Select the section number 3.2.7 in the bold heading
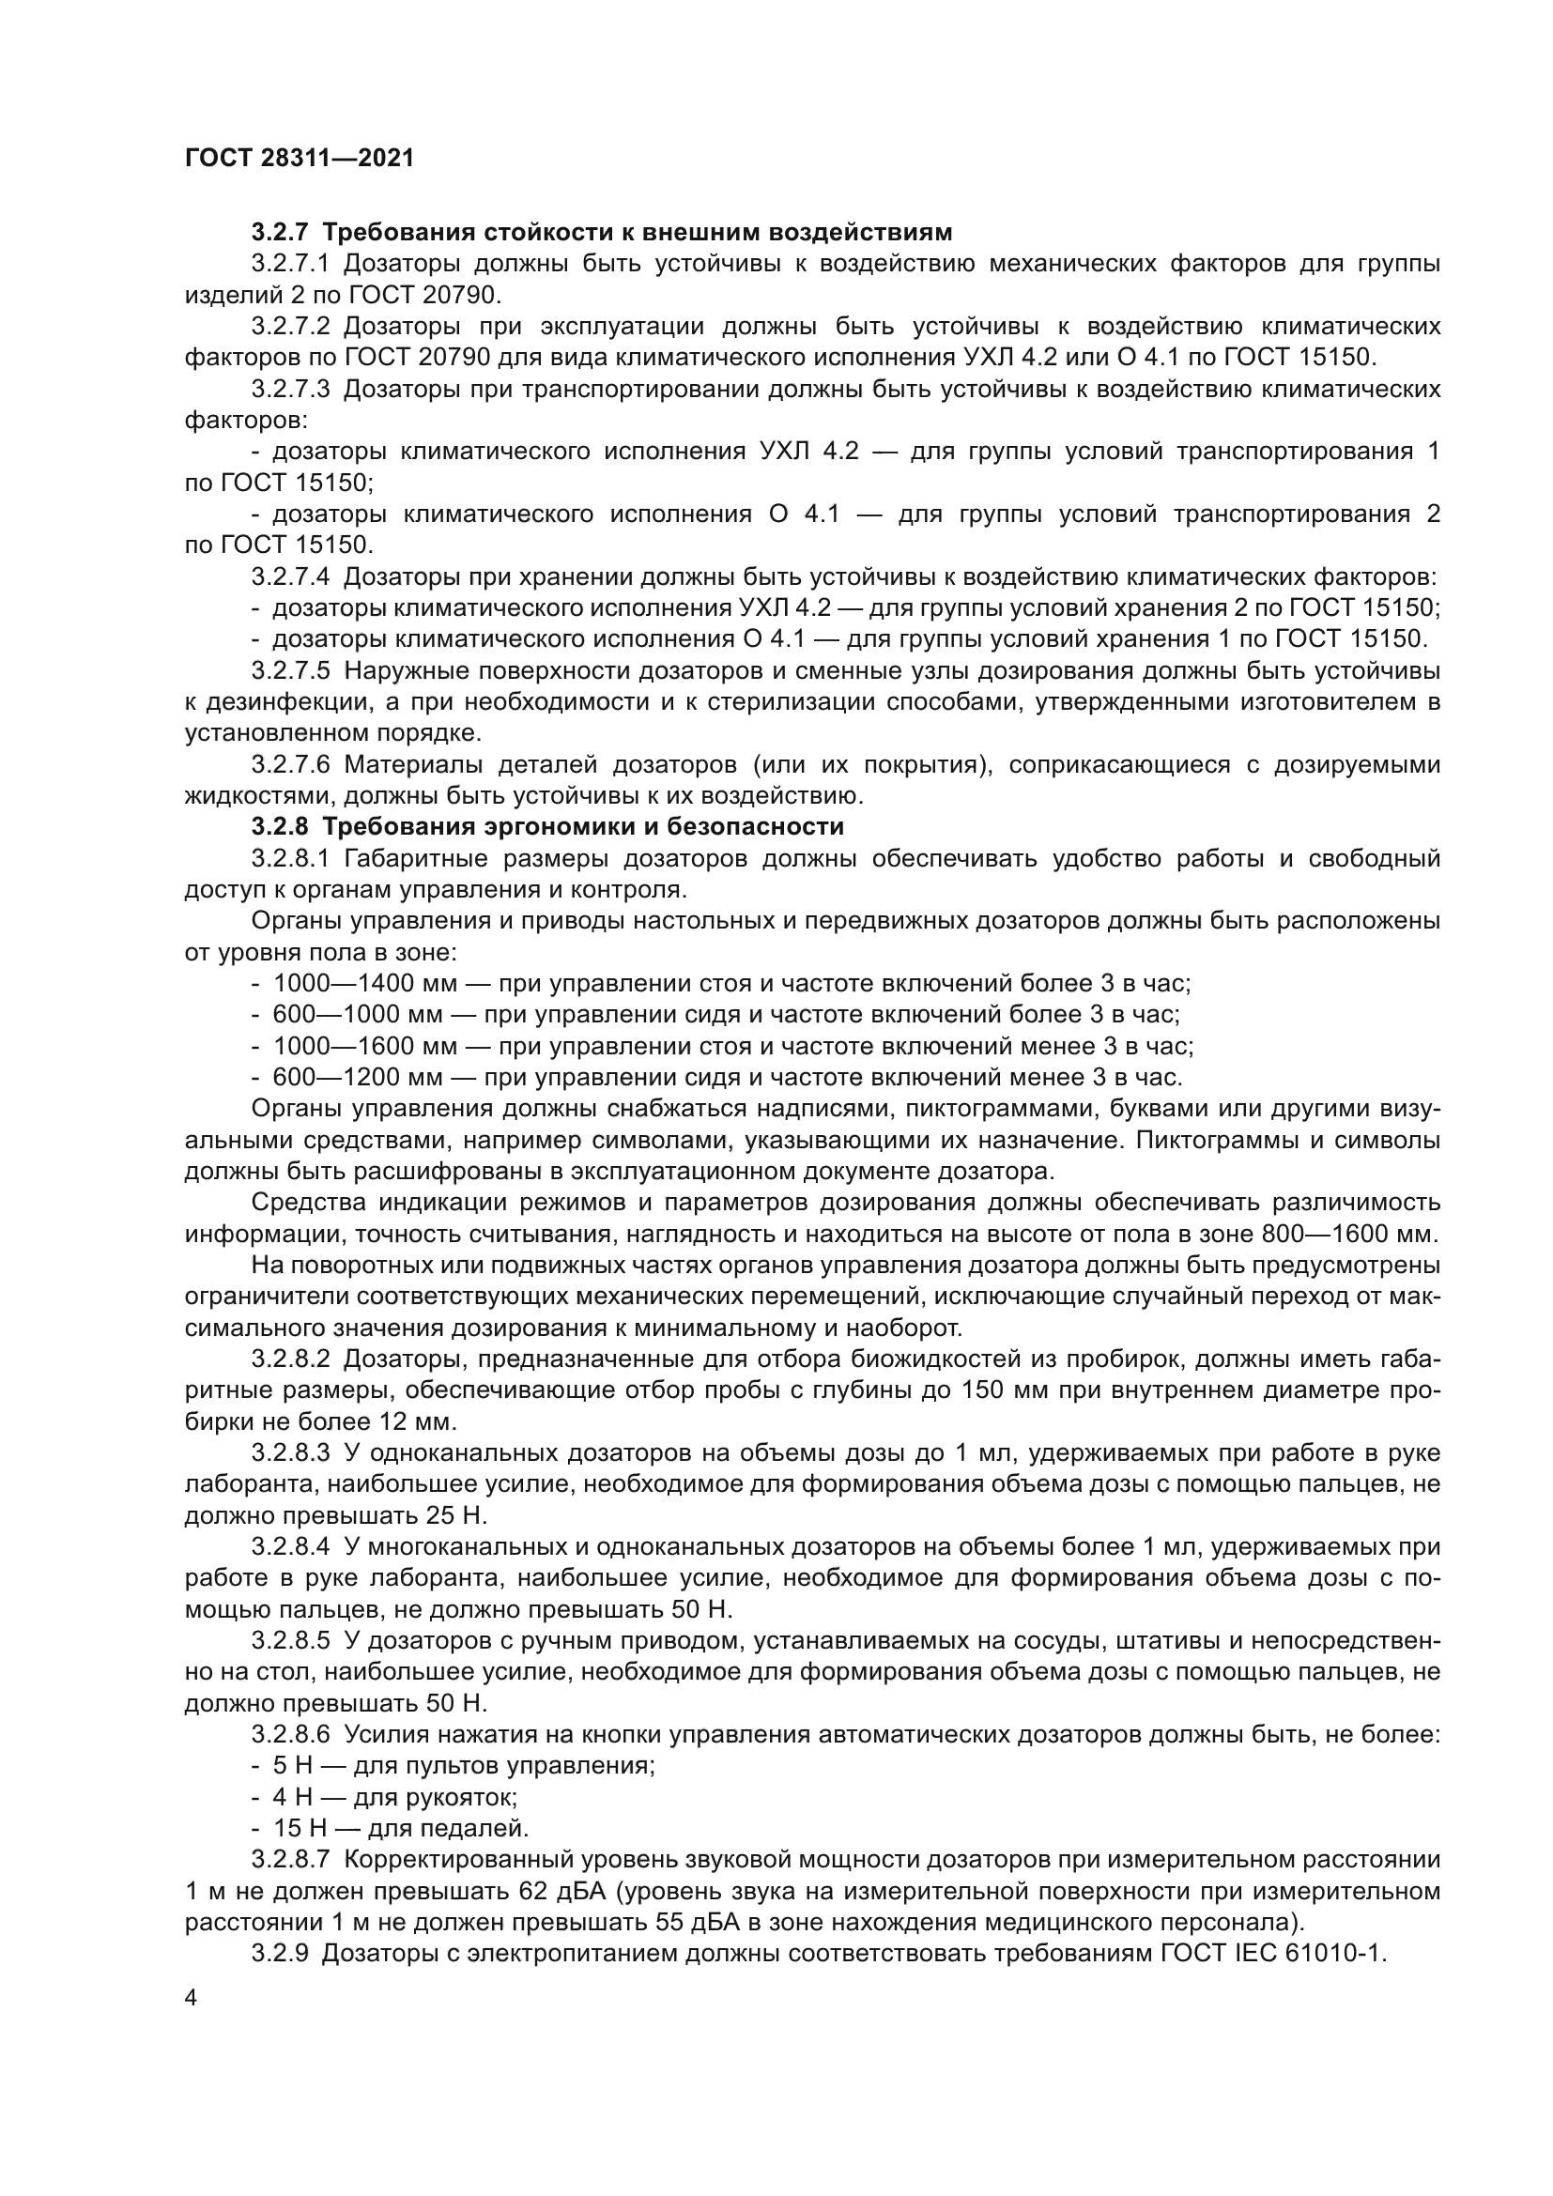[x=280, y=233]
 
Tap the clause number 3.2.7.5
[x=291, y=671]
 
